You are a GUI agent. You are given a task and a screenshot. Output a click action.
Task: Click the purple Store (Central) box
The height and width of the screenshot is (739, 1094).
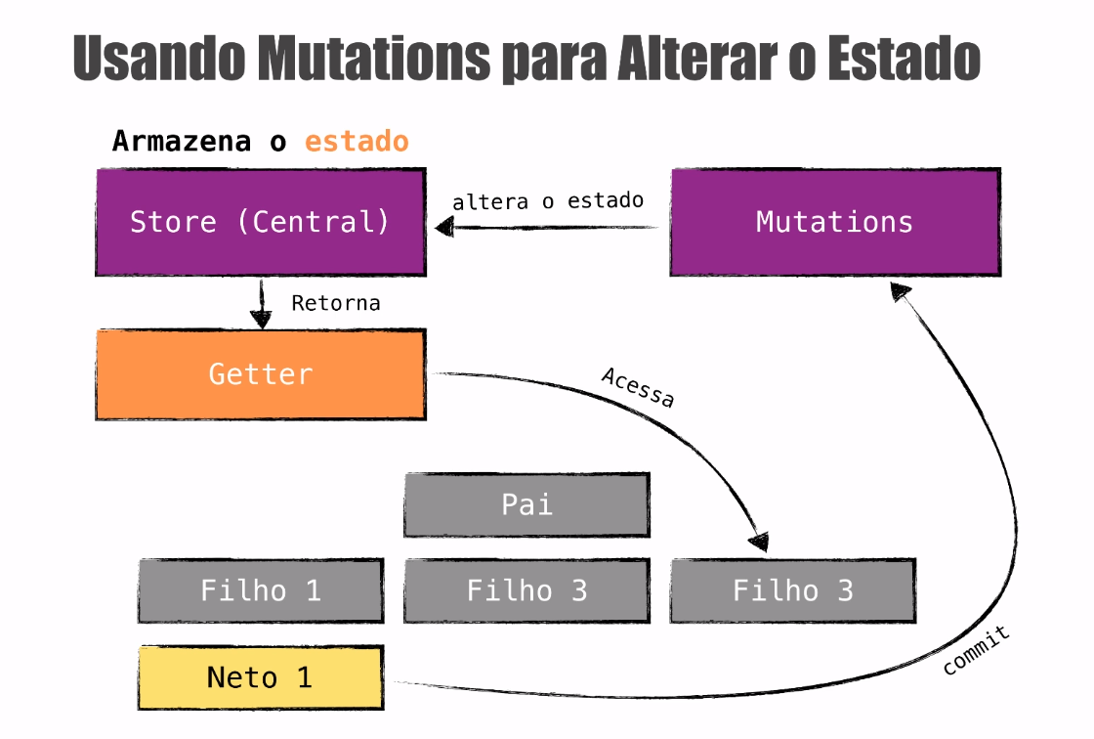(261, 222)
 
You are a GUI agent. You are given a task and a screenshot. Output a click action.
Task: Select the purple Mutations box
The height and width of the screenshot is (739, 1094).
(835, 222)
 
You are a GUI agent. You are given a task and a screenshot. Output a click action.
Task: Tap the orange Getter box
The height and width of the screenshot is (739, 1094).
(261, 374)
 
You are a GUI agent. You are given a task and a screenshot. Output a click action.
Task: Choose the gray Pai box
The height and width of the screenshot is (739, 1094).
(526, 504)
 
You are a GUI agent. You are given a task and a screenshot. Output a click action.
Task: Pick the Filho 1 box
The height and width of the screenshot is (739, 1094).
(260, 590)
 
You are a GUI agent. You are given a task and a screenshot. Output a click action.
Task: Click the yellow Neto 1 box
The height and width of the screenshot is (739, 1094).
(260, 677)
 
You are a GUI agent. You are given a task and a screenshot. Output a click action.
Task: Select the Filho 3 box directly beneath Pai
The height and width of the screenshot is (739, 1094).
(526, 590)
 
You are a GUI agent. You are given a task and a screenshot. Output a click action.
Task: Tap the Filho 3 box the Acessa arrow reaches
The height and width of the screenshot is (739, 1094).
(793, 590)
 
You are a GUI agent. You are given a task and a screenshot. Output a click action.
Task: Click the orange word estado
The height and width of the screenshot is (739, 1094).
(357, 141)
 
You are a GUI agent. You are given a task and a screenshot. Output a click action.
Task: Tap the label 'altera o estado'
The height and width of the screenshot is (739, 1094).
(548, 201)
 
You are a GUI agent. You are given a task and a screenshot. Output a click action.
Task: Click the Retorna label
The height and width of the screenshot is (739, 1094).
(336, 303)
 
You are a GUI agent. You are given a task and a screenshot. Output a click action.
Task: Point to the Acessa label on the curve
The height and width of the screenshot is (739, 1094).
(637, 387)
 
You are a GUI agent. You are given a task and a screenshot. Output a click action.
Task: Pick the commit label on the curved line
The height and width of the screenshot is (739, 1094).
(976, 653)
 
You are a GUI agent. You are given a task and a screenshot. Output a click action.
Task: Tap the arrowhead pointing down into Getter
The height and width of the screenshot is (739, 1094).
(261, 318)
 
